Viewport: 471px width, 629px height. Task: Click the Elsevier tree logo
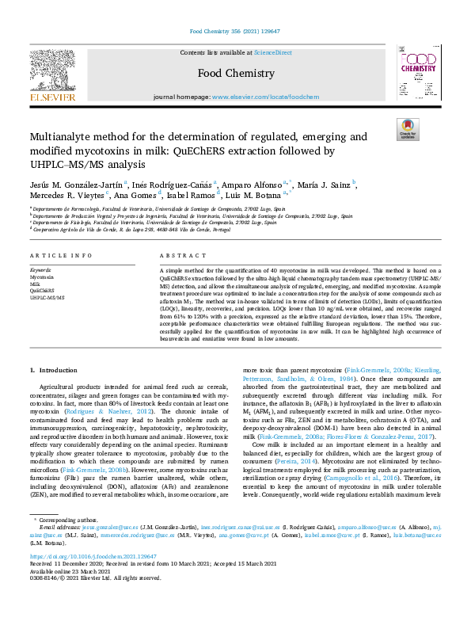pyautogui.click(x=54, y=74)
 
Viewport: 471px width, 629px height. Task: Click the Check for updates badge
pyautogui.click(x=407, y=130)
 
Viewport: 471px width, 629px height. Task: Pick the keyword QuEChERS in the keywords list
pyautogui.click(x=41, y=291)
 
